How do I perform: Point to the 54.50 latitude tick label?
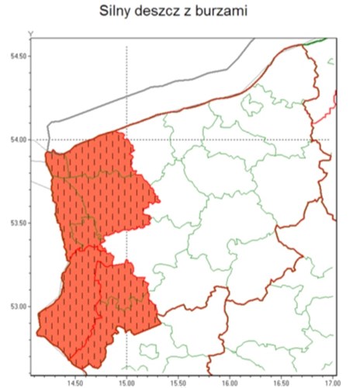pyautogui.click(x=13, y=57)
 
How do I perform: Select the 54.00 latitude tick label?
pyautogui.click(x=13, y=140)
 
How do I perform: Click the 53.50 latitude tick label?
pyautogui.click(x=13, y=223)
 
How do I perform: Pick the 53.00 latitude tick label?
pyautogui.click(x=13, y=306)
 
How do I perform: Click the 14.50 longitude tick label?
pyautogui.click(x=75, y=381)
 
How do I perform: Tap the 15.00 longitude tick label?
pyautogui.click(x=126, y=381)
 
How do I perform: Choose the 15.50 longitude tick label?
pyautogui.click(x=178, y=381)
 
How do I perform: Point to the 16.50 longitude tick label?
pyautogui.click(x=281, y=381)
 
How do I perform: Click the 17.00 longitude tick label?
pyautogui.click(x=332, y=381)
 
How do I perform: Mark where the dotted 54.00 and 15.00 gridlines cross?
pyautogui.click(x=126, y=140)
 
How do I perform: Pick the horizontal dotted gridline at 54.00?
pyautogui.click(x=233, y=140)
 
